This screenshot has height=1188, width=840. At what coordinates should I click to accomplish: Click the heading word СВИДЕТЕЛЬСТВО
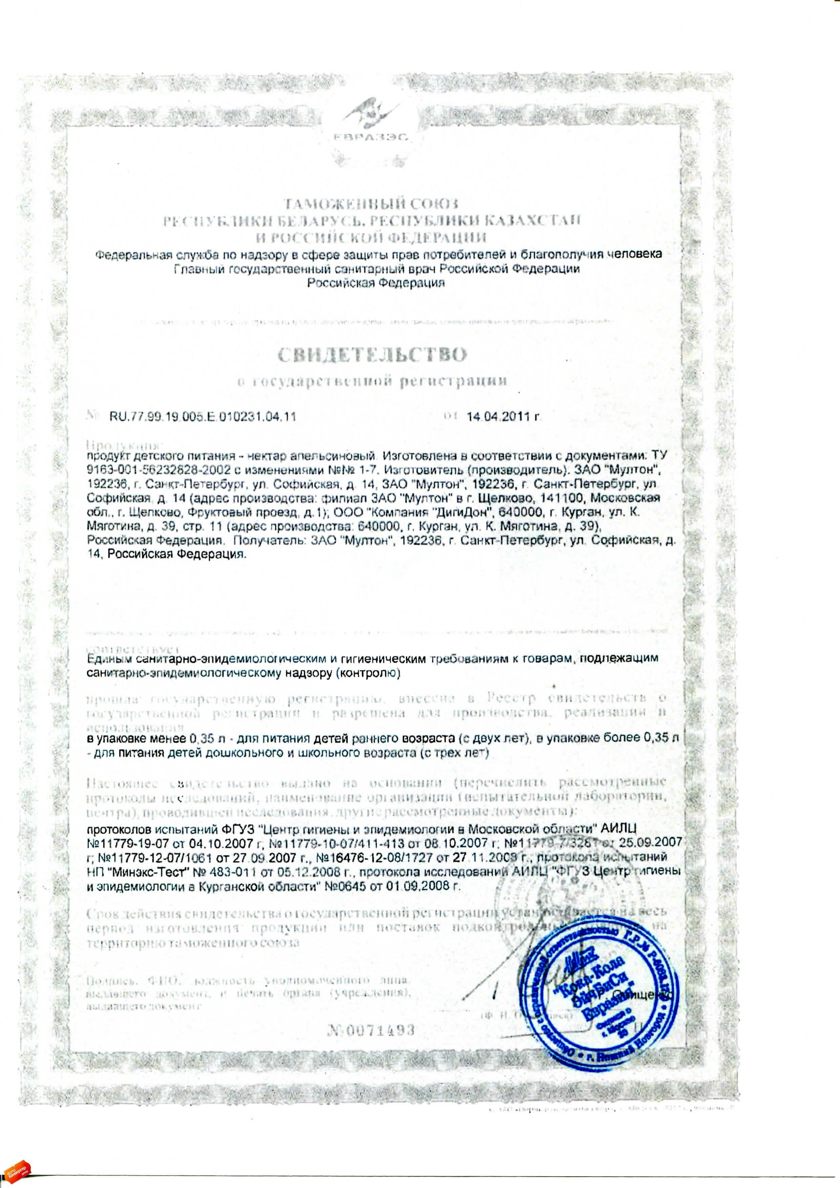pyautogui.click(x=373, y=355)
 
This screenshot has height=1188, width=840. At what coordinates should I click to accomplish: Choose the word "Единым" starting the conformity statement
pyautogui.click(x=109, y=659)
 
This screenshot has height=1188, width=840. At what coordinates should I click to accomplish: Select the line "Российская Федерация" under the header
pyautogui.click(x=376, y=283)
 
